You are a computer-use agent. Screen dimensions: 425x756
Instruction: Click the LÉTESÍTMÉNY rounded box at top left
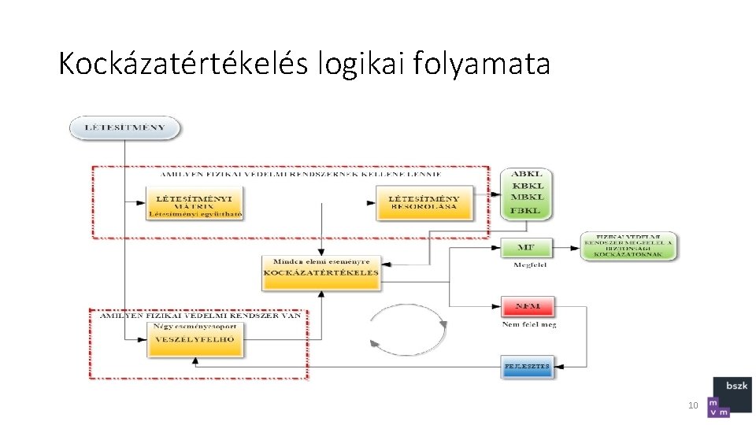coord(124,128)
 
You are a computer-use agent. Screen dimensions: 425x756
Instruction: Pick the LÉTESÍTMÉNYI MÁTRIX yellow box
coord(194,202)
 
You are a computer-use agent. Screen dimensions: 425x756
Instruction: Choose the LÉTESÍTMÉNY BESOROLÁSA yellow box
coord(424,202)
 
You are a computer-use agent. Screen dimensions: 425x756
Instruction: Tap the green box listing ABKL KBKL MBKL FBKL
coord(526,193)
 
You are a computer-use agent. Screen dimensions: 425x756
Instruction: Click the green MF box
coord(526,248)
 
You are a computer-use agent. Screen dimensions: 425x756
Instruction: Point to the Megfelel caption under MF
coord(529,265)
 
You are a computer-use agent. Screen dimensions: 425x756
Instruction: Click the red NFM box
coord(528,306)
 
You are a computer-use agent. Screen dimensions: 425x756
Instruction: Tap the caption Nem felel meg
coord(529,324)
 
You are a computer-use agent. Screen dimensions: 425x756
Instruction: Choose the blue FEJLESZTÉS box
coord(528,366)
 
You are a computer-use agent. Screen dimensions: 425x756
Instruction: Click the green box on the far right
coord(628,246)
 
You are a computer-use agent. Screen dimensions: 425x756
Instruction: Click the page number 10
coord(693,406)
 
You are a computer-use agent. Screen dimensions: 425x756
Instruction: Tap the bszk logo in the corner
coord(732,386)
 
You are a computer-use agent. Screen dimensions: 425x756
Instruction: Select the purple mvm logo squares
coord(718,407)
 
